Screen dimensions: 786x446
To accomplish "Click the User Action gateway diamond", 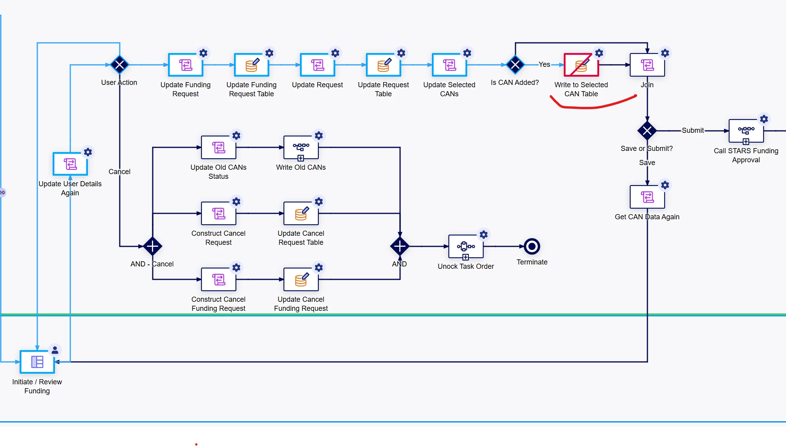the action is pyautogui.click(x=120, y=65).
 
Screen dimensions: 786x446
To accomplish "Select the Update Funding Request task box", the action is pyautogui.click(x=186, y=65).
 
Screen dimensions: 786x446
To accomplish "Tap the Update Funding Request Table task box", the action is pyautogui.click(x=252, y=65).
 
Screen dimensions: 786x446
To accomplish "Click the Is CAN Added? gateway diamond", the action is pyautogui.click(x=515, y=65).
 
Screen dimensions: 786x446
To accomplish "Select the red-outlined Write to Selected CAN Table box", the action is pyautogui.click(x=581, y=65).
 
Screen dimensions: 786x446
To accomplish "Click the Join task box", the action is pyautogui.click(x=647, y=65).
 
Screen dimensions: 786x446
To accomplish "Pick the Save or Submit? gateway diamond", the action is pyautogui.click(x=647, y=131).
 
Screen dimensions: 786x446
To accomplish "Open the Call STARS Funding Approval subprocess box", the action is pyautogui.click(x=746, y=131).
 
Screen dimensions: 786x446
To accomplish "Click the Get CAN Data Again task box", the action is pyautogui.click(x=647, y=197).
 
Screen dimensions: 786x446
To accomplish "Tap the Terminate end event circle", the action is pyautogui.click(x=532, y=246).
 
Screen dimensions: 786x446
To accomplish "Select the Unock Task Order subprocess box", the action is pyautogui.click(x=466, y=246).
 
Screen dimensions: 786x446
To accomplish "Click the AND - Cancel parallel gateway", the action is pyautogui.click(x=153, y=246).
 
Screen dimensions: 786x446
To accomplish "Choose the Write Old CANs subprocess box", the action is pyautogui.click(x=301, y=147).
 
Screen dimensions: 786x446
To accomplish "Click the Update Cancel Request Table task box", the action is pyautogui.click(x=301, y=213).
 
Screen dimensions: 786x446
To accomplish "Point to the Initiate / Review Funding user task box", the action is pyautogui.click(x=37, y=362).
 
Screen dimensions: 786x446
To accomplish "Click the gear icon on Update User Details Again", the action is pyautogui.click(x=88, y=152).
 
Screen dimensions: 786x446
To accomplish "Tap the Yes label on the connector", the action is pyautogui.click(x=544, y=64).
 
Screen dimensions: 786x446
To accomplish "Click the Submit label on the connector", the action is pyautogui.click(x=693, y=130).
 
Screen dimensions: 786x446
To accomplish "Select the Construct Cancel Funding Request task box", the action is pyautogui.click(x=219, y=279).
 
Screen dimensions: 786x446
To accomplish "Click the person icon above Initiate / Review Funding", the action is pyautogui.click(x=55, y=350).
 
